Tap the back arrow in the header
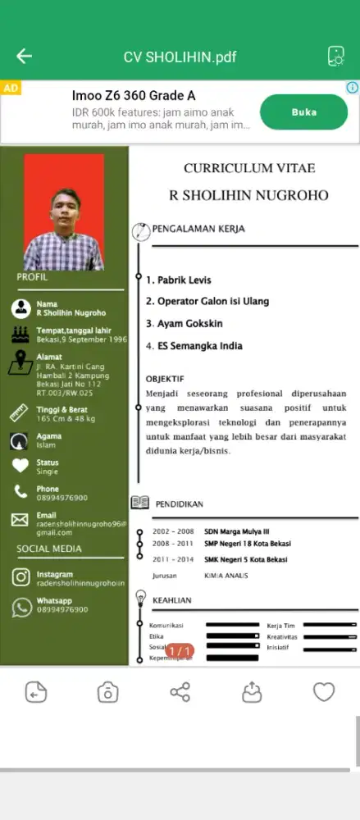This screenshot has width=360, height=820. pyautogui.click(x=24, y=57)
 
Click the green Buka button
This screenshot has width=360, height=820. pyautogui.click(x=303, y=112)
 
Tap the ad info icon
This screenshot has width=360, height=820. pyautogui.click(x=352, y=88)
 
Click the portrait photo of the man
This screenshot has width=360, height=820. pyautogui.click(x=64, y=212)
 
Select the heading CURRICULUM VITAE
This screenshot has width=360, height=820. pyautogui.click(x=249, y=168)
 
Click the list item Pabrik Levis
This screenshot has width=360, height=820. pyautogui.click(x=179, y=280)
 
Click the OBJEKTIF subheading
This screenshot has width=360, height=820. pyautogui.click(x=165, y=379)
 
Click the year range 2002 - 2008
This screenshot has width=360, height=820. pyautogui.click(x=173, y=531)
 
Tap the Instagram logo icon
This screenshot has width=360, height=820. pyautogui.click(x=21, y=577)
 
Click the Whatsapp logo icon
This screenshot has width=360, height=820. pyautogui.click(x=21, y=607)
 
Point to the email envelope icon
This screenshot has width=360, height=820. pyautogui.click(x=21, y=519)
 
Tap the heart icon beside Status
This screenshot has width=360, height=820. pyautogui.click(x=21, y=466)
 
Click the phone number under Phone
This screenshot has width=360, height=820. pyautogui.click(x=62, y=498)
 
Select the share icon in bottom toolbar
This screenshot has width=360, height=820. pyautogui.click(x=180, y=692)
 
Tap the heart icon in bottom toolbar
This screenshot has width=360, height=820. pyautogui.click(x=324, y=692)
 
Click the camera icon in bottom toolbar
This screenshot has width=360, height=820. pyautogui.click(x=107, y=692)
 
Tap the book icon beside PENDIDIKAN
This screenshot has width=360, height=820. pyautogui.click(x=140, y=503)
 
